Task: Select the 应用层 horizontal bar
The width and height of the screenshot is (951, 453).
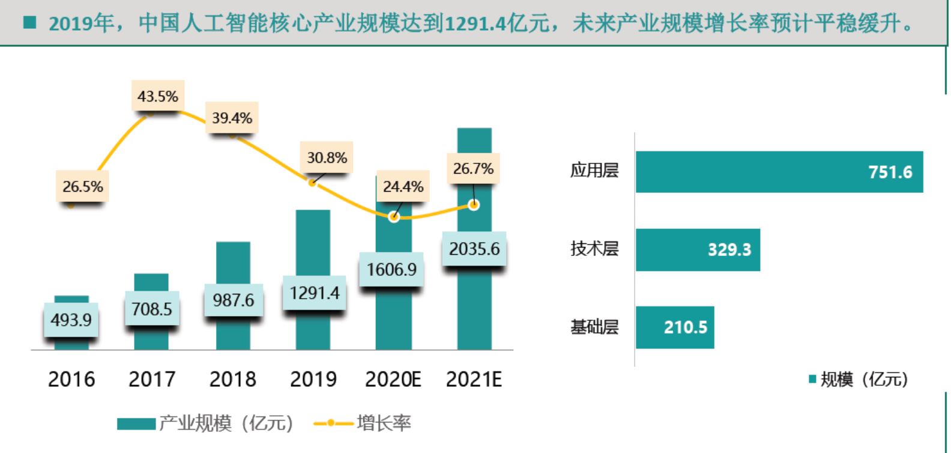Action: [779, 172]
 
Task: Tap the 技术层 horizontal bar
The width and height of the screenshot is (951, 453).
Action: [698, 249]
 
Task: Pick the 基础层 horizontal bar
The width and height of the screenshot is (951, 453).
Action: [675, 327]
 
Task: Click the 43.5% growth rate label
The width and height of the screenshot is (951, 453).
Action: [158, 96]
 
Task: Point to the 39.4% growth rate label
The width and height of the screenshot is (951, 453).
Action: [232, 118]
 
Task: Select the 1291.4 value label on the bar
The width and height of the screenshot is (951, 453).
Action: [314, 293]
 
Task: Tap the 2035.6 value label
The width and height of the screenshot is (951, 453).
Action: [474, 249]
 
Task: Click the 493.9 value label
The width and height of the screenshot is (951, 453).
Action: [71, 319]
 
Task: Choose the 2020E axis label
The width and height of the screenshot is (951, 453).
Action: [393, 380]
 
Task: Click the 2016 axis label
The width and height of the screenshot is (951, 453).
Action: [71, 380]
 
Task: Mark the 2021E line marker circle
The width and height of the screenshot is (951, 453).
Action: [474, 205]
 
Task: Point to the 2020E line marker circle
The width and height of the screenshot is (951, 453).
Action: [394, 216]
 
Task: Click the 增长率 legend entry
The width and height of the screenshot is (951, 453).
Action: [363, 424]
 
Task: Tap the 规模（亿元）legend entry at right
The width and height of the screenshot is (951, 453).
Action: [858, 380]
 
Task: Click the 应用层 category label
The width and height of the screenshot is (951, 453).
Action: [594, 171]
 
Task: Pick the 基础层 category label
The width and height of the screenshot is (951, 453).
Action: [594, 327]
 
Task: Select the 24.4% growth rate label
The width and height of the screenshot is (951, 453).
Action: [403, 186]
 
